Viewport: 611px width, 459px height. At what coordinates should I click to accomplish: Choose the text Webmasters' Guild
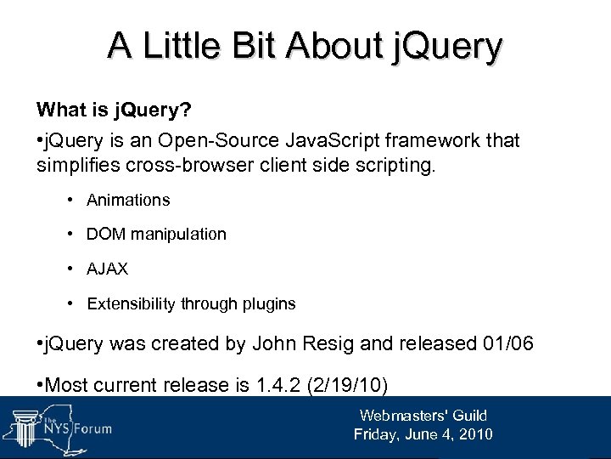point(423,416)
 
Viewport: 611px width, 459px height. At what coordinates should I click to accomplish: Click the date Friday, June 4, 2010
point(423,434)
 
